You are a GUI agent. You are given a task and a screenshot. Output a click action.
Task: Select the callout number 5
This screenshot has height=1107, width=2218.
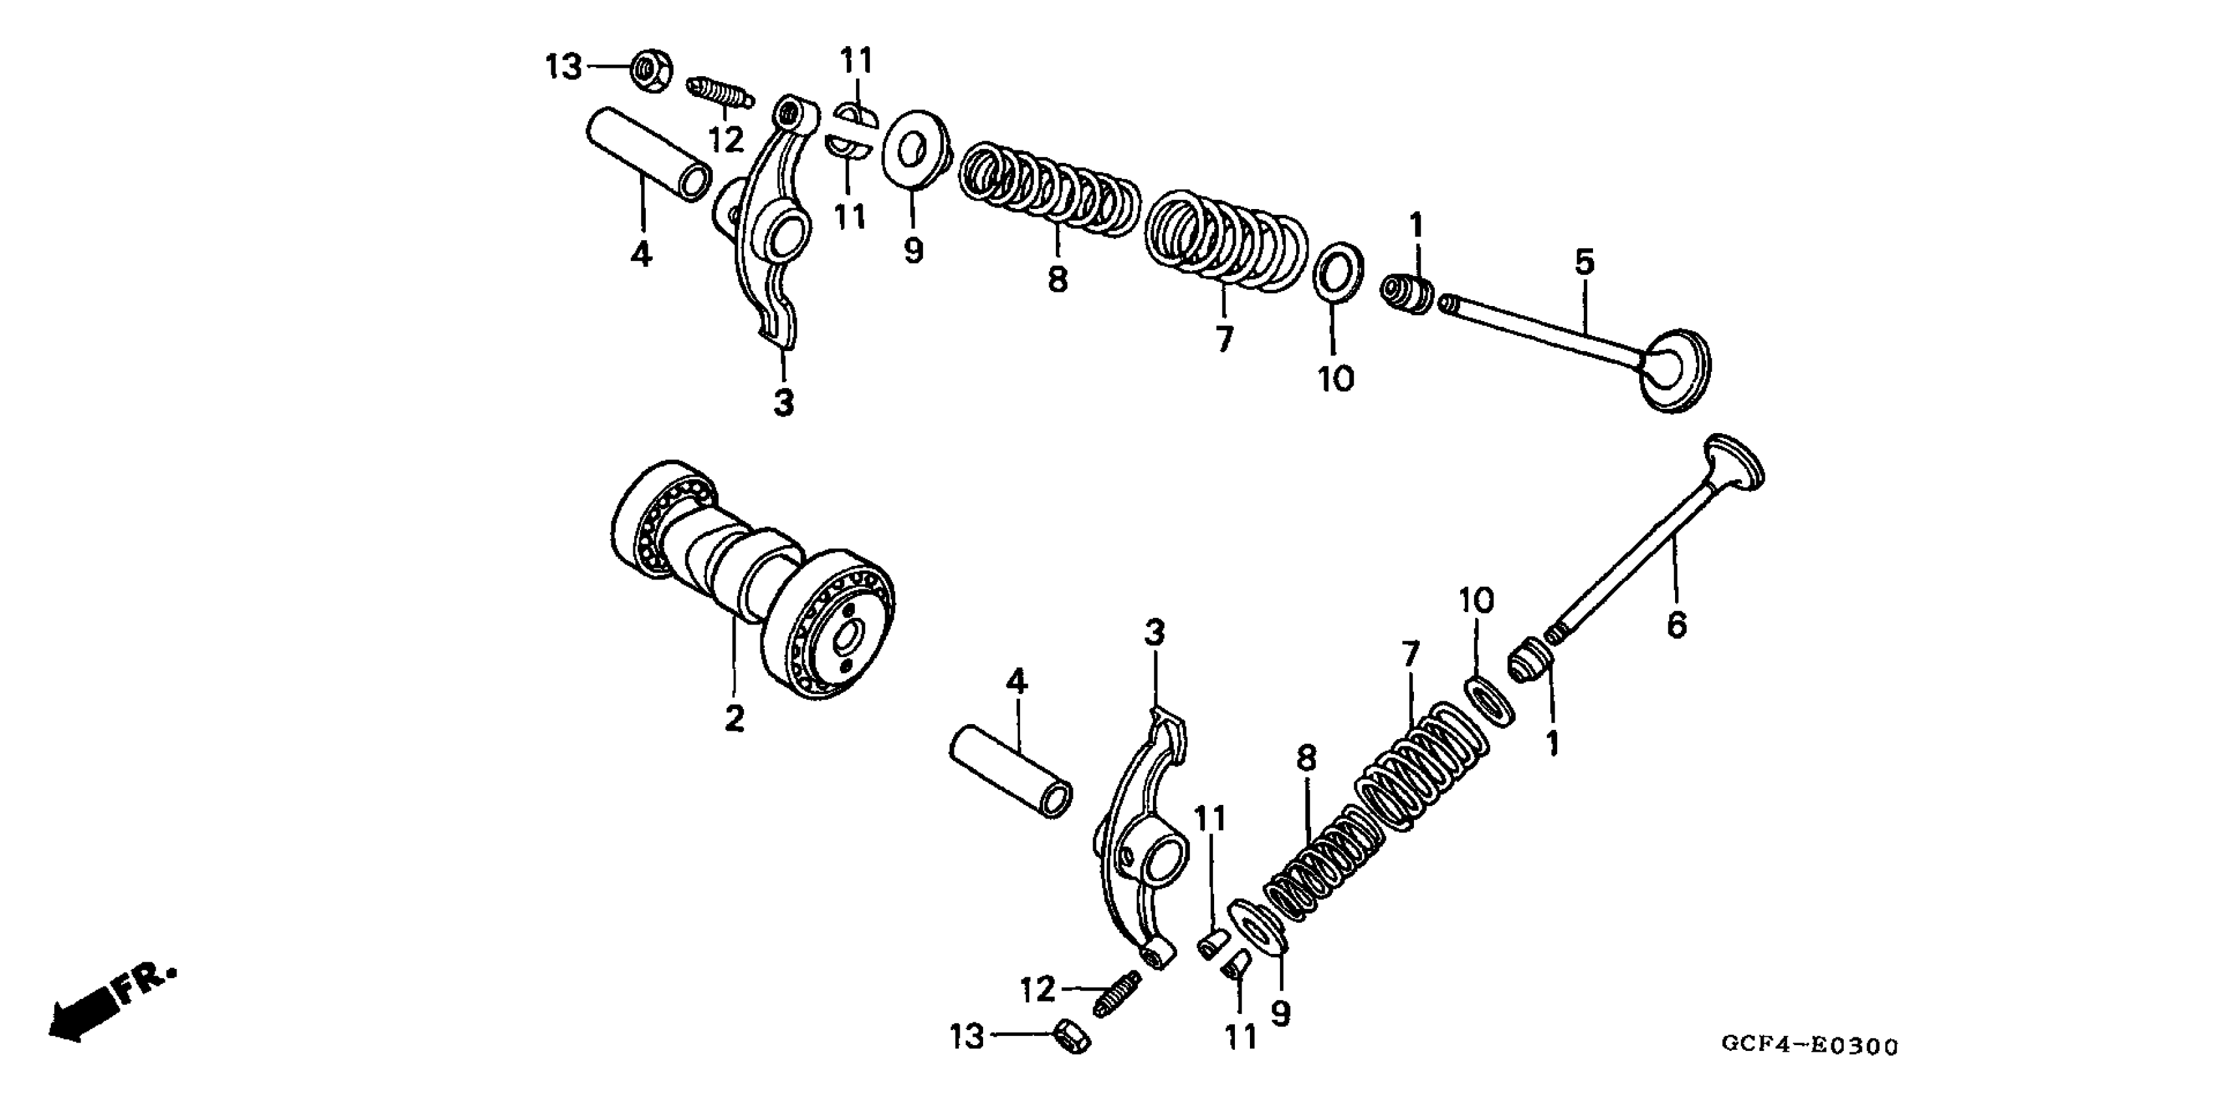[x=1585, y=262]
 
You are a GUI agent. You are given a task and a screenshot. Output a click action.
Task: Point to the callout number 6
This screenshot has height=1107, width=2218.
[x=1676, y=624]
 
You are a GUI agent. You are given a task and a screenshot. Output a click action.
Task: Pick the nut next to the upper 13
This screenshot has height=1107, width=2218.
[x=651, y=70]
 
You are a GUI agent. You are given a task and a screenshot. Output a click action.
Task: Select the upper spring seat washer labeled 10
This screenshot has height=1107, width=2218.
[x=1337, y=272]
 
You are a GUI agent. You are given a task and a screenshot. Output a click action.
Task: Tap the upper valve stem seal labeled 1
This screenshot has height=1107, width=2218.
[x=1407, y=294]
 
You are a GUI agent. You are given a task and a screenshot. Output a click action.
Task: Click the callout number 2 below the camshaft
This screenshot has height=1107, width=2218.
[x=734, y=717]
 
